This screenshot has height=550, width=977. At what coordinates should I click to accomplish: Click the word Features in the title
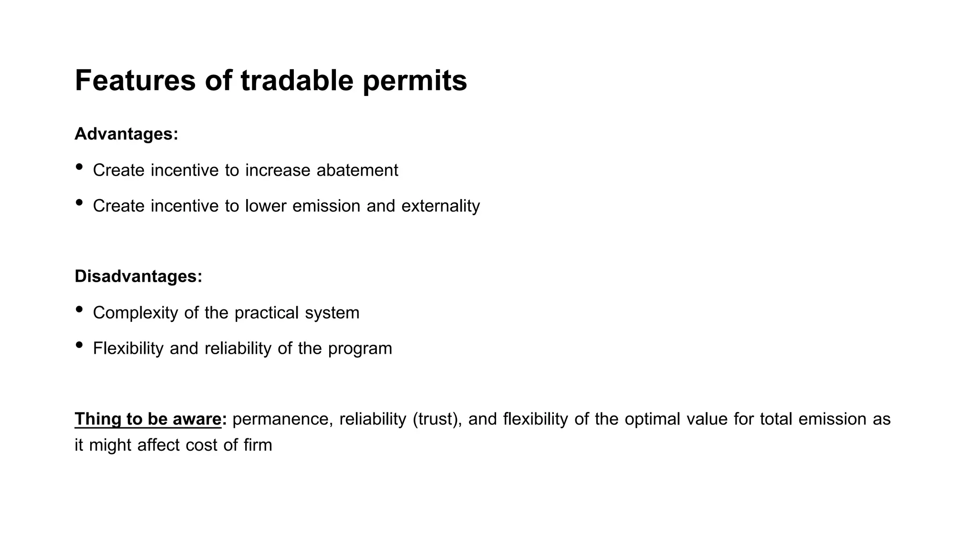[x=135, y=80]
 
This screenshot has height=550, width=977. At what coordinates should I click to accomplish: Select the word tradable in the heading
[x=296, y=80]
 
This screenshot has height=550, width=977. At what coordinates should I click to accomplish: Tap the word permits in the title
[x=415, y=81]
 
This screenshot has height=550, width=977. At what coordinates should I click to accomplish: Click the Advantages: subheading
[x=126, y=134]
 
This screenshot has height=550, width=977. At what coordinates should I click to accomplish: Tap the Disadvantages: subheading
[x=138, y=276]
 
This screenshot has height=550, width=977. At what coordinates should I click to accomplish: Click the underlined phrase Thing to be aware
[x=148, y=419]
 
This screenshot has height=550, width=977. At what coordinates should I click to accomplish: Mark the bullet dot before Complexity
[x=79, y=309]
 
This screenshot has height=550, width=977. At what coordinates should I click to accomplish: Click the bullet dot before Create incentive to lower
[x=79, y=202]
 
